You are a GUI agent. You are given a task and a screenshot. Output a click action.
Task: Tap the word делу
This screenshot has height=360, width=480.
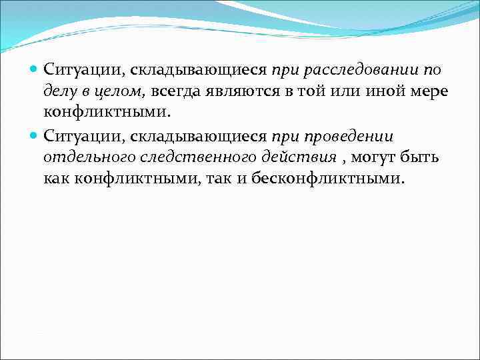tap(60, 91)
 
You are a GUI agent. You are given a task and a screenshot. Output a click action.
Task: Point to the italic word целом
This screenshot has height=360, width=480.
tap(122, 91)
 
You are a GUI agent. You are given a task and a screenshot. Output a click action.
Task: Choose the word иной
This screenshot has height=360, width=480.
tap(382, 91)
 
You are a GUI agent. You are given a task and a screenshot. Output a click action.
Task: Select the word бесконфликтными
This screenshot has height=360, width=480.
tap(328, 180)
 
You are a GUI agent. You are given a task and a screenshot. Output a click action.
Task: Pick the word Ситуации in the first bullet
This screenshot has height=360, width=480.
tap(83, 69)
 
